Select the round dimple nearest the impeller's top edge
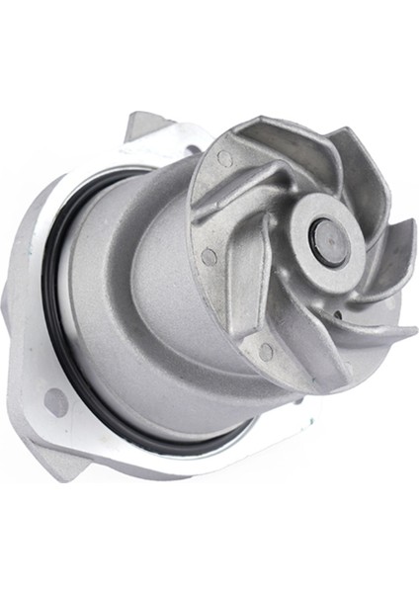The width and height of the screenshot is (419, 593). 226,158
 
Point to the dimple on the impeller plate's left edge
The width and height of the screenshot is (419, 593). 209,257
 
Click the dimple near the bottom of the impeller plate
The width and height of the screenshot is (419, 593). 265,351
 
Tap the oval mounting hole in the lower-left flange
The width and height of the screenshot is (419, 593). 56,402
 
